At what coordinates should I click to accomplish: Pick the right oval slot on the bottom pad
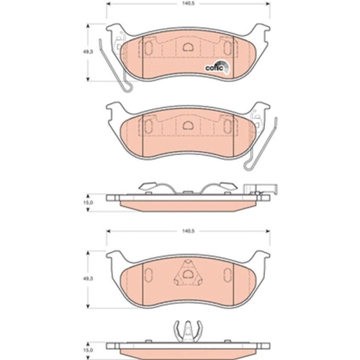[228, 275]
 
